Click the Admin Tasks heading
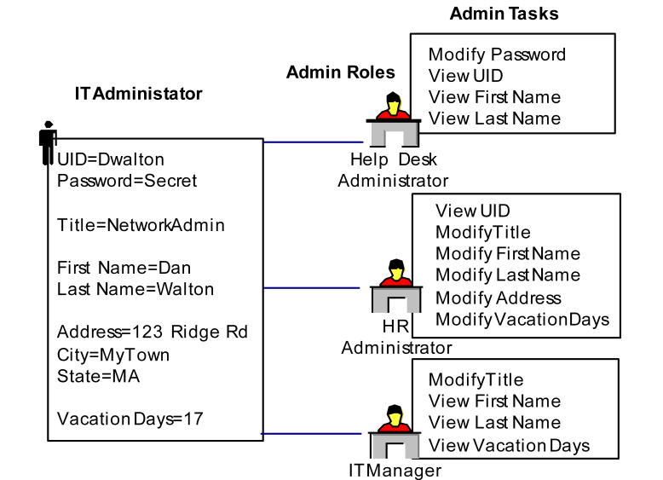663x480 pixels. click(x=504, y=14)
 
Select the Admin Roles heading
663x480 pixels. click(x=341, y=72)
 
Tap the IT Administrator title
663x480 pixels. click(x=138, y=94)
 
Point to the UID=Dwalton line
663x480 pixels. click(x=111, y=159)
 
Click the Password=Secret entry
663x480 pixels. click(x=127, y=181)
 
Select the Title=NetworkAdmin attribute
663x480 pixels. click(x=141, y=225)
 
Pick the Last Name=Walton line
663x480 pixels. click(x=135, y=289)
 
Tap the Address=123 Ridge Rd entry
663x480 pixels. click(x=153, y=333)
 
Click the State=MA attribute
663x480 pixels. click(x=98, y=376)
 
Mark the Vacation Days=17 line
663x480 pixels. click(x=130, y=419)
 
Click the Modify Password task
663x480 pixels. click(x=497, y=55)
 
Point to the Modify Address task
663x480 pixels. click(x=499, y=298)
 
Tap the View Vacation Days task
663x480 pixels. click(x=509, y=445)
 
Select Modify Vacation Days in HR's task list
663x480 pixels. click(x=522, y=319)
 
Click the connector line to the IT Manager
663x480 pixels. click(x=315, y=434)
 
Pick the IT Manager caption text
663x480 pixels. click(x=395, y=470)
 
